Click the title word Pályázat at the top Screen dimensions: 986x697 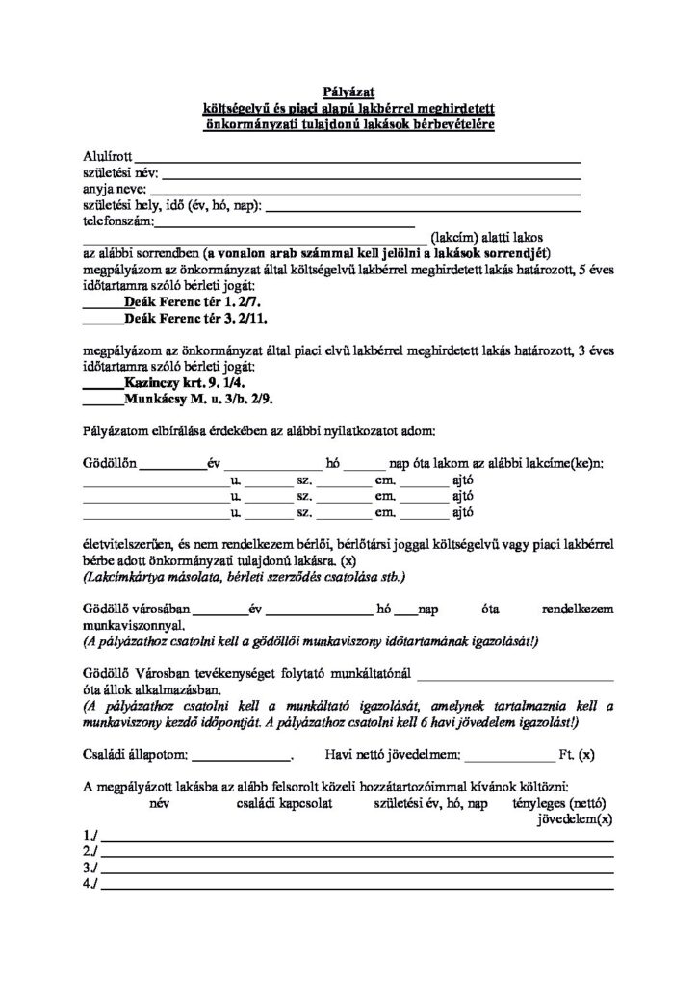[348, 91]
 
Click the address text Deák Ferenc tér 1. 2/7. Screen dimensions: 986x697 [187, 300]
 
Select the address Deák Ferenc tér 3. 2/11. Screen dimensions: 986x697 [191, 317]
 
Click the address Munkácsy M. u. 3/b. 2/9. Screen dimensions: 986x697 [193, 399]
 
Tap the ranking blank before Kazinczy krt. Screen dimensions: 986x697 [102, 384]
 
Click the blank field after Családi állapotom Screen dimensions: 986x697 [247, 754]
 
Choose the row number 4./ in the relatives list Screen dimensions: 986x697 [91, 884]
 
